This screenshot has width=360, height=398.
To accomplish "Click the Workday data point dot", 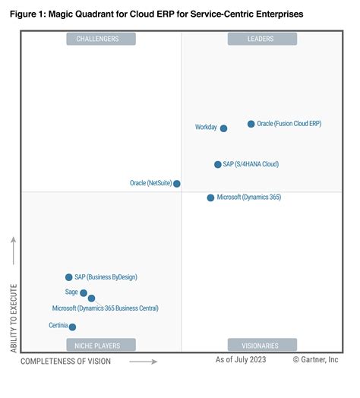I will point(223,128).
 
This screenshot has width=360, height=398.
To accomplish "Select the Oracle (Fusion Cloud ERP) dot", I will point(251,124).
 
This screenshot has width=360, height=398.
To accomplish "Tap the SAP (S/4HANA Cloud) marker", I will point(218,164).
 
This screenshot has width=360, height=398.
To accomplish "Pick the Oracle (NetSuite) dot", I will point(177,184).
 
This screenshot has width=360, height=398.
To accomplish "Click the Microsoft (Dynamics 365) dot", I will point(210,197).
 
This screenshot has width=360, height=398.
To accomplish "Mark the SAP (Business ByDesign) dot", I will point(69,277).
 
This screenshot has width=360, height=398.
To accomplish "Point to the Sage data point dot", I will point(84,292).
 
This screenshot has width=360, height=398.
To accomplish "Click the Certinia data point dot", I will point(73,327).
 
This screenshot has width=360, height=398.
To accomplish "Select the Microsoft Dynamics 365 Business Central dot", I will point(91,298).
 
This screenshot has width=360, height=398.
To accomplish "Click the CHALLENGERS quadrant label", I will point(101,39).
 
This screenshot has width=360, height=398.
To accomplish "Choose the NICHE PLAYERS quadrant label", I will point(101,345).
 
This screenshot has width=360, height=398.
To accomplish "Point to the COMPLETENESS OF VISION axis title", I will point(66,362).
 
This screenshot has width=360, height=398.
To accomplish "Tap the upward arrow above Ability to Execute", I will point(14,251).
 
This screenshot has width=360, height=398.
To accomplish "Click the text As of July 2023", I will point(242,361).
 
